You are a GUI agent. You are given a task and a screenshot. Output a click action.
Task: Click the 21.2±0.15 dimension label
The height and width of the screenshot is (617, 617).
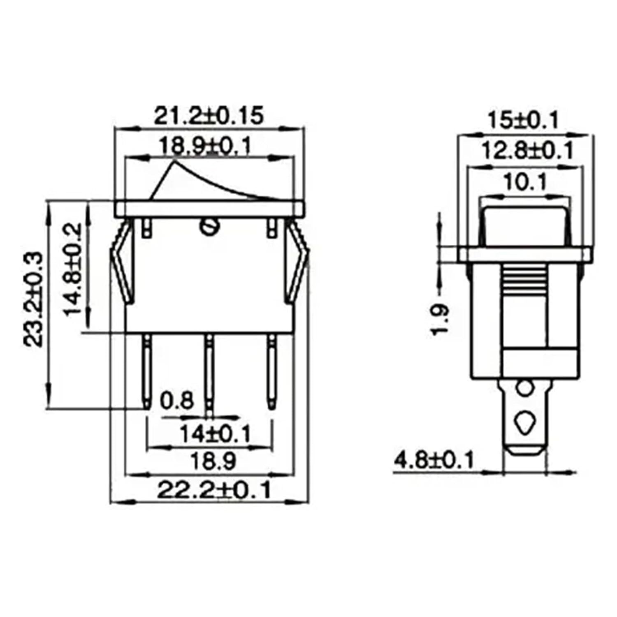coord(209,116)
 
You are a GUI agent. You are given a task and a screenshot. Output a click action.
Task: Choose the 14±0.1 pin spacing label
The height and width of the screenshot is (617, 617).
coord(215,434)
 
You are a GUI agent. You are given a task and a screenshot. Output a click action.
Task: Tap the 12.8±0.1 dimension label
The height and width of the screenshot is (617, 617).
coord(527,151)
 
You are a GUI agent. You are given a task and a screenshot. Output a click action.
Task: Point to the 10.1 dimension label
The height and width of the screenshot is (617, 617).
coord(524,182)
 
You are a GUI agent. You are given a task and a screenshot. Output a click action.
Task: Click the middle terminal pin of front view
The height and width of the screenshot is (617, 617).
coord(210,370)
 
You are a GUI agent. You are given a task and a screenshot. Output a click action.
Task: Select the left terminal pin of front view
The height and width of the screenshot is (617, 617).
coord(147,370)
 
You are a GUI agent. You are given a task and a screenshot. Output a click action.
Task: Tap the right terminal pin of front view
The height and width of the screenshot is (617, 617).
coord(272,370)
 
